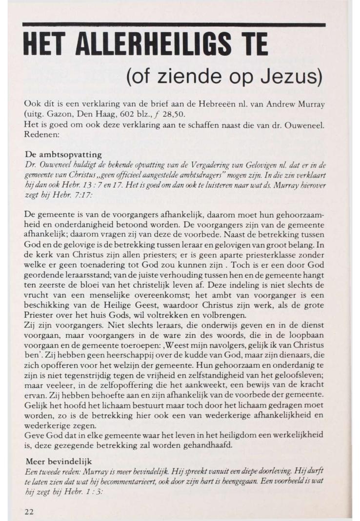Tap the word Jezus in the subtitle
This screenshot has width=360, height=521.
[298, 77]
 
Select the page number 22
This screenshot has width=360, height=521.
[31, 498]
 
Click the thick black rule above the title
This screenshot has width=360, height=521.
[174, 24]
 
